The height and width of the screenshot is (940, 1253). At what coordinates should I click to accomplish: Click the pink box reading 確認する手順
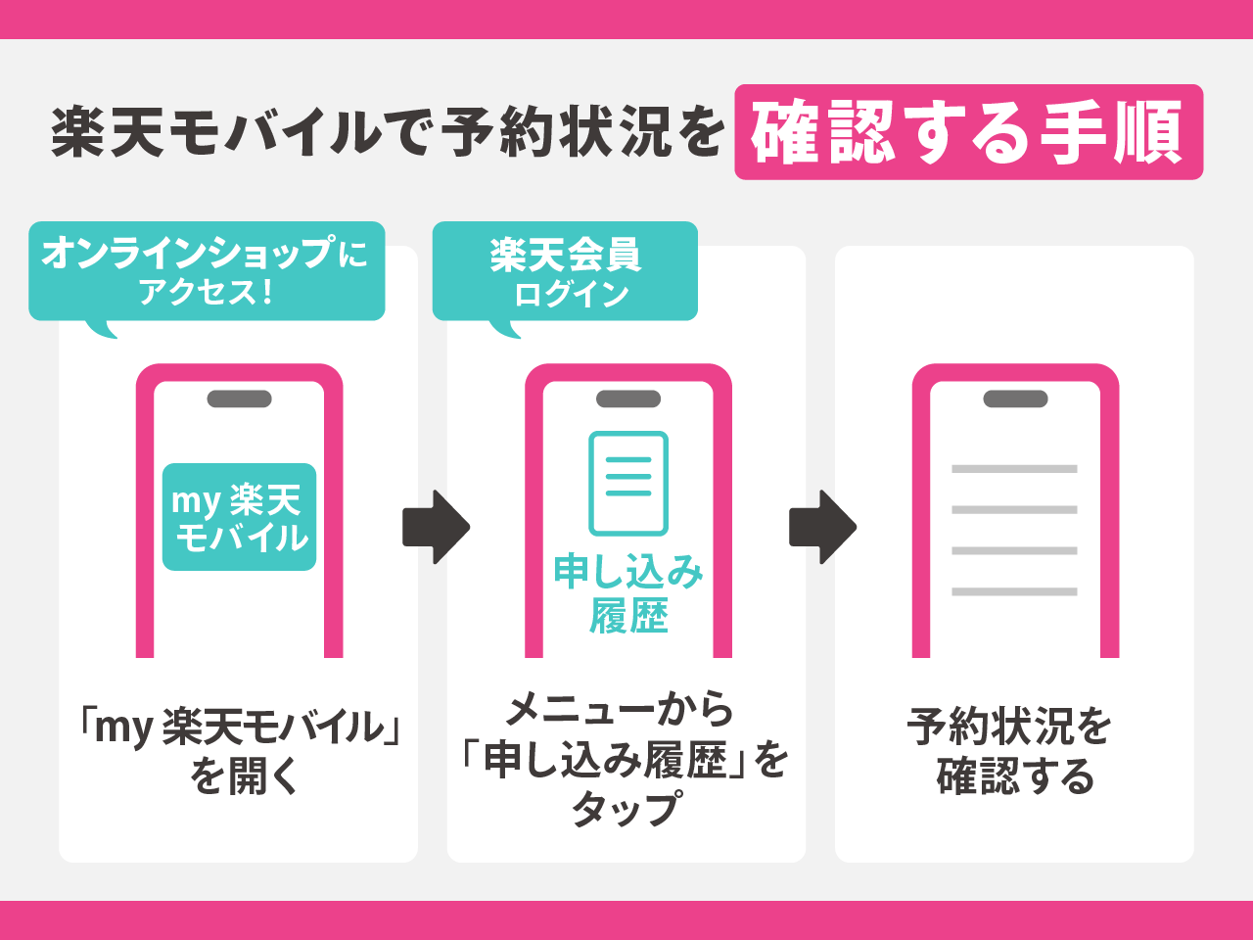pos(968,132)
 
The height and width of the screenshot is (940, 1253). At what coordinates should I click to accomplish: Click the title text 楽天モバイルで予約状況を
pos(388,132)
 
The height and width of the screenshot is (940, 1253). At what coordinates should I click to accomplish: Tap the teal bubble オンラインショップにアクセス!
pos(207,271)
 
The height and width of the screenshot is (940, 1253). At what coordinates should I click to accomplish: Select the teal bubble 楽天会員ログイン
pos(565,271)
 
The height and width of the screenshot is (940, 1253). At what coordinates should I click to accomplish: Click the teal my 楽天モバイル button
pos(240,517)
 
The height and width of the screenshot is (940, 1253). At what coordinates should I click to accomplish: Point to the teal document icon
pos(628,483)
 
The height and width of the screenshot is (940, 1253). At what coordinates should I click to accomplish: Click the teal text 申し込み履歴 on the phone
pos(628,593)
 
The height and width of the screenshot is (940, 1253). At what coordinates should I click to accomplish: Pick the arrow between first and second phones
pos(436,527)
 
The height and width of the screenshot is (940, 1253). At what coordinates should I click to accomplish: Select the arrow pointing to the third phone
pos(822,527)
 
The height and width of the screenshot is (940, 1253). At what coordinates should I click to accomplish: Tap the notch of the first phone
pos(240,399)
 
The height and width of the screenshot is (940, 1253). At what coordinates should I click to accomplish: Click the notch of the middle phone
pos(628,399)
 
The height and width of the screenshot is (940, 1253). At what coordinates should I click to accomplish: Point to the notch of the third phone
pos(1015,399)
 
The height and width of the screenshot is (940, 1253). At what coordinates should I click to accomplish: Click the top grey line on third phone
pos(1014,469)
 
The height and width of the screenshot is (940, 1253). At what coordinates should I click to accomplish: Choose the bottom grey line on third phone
pos(1014,591)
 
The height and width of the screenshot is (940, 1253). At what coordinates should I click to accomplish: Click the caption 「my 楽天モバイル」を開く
pos(240,752)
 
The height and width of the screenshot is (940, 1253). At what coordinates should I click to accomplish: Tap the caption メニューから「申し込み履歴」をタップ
pos(626,759)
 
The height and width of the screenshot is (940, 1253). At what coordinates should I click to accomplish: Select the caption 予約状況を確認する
pos(1014,752)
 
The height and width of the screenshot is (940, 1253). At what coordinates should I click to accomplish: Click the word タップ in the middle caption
pos(626,810)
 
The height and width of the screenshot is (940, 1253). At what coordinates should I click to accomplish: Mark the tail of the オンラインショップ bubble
pos(102,330)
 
